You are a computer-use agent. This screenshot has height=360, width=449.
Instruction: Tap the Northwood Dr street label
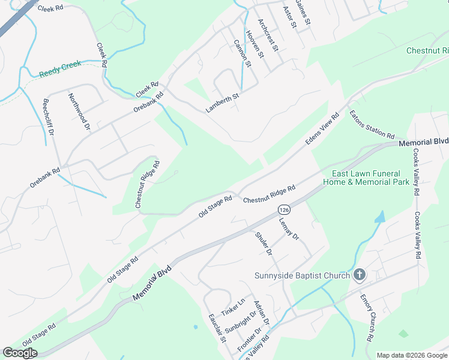[x=79, y=112]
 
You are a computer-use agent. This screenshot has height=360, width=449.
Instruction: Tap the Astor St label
[x=289, y=17]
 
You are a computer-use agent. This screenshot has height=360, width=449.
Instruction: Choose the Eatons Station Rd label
[x=372, y=124]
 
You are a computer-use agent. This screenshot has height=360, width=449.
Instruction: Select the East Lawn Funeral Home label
[x=366, y=178]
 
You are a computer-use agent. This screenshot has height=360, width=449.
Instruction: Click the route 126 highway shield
[x=284, y=209]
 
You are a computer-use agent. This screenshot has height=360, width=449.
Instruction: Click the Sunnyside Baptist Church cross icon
[x=359, y=275]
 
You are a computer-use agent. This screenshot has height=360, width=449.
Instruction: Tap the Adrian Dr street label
[x=262, y=314]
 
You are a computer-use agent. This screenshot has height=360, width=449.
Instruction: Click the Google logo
[x=20, y=353]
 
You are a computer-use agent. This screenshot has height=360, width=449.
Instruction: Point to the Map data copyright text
[x=411, y=355]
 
